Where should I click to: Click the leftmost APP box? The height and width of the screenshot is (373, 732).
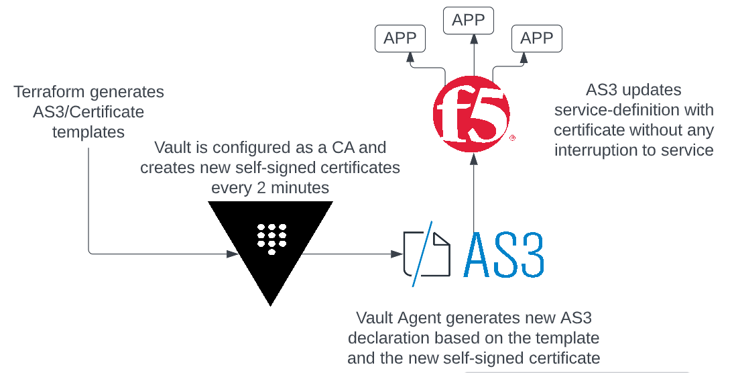400,38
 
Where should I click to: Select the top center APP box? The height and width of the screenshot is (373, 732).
469,21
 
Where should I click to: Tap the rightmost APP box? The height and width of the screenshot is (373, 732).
537,38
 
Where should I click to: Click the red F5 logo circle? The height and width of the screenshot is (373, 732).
471,114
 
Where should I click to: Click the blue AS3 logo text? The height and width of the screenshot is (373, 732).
504,254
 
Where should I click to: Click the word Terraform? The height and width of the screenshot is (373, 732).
50,92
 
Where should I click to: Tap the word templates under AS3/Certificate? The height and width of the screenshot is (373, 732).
88,132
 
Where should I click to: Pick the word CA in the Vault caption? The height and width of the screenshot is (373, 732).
344,148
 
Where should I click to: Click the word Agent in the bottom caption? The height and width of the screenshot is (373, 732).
419,319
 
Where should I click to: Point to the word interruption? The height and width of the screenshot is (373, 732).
599,150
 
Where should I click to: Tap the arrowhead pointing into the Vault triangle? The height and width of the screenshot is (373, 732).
233,254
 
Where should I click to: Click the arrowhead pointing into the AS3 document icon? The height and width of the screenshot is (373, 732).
397,254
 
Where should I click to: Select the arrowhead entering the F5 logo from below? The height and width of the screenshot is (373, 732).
474,159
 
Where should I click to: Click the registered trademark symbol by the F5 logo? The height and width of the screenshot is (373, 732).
512,138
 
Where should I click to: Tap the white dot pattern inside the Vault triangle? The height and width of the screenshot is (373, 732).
271,239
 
